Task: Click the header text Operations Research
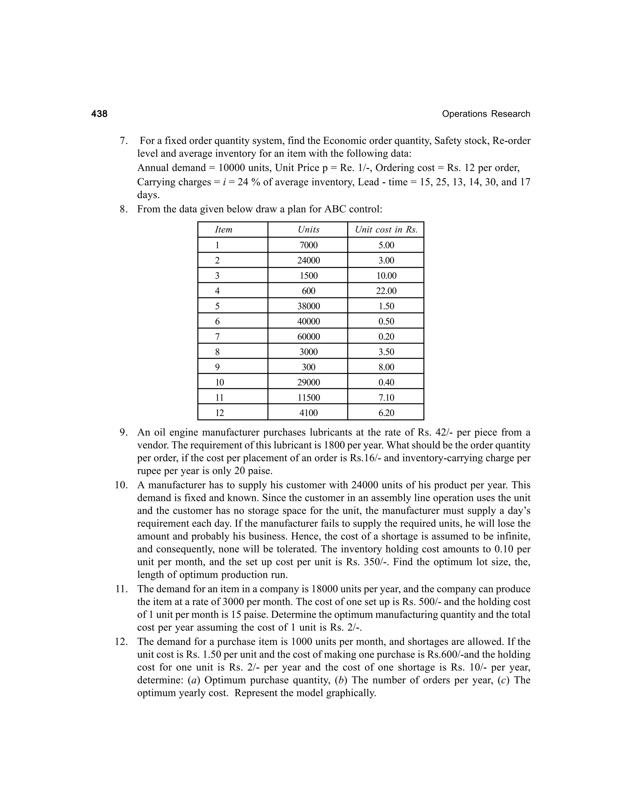[486, 114]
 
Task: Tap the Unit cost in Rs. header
[386, 230]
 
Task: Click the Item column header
[224, 230]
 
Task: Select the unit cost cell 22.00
[386, 291]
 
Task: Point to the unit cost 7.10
[386, 397]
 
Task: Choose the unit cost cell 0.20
[386, 337]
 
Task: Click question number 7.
[124, 141]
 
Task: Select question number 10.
[121, 485]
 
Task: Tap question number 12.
[121, 642]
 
